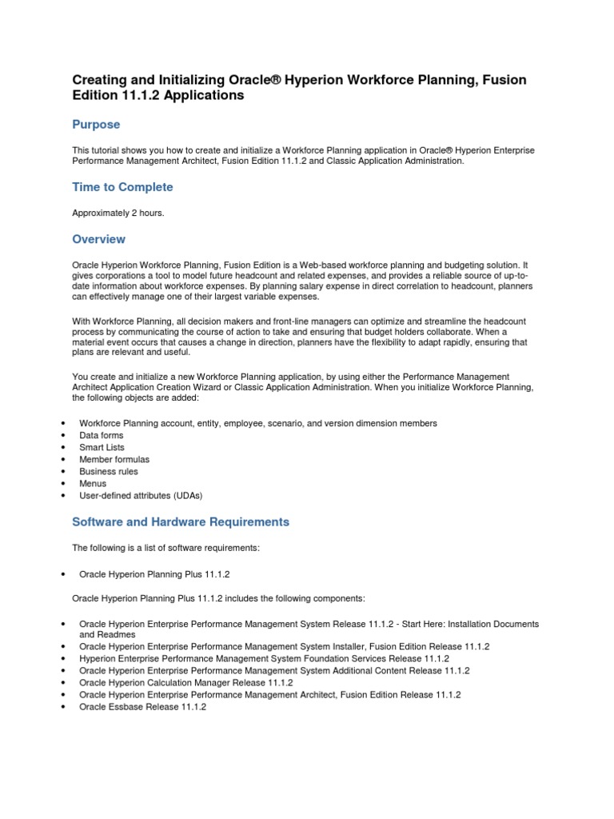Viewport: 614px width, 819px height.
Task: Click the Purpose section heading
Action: point(96,125)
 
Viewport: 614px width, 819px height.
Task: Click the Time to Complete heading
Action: point(122,187)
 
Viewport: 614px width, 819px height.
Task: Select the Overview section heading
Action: point(98,239)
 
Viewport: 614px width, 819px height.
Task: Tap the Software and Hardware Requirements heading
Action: point(181,521)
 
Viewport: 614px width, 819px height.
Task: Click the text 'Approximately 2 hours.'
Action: point(118,214)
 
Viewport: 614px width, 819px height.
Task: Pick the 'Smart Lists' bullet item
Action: point(102,447)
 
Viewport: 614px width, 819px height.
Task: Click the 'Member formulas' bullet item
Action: point(114,459)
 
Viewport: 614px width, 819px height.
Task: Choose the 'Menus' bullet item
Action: point(93,483)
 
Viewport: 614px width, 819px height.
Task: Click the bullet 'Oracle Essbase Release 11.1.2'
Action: point(142,707)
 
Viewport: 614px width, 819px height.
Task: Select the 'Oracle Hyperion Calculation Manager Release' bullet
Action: point(185,683)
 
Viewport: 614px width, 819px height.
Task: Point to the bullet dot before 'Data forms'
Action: point(63,436)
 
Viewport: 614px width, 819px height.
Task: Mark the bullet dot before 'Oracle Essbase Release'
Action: point(63,708)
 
